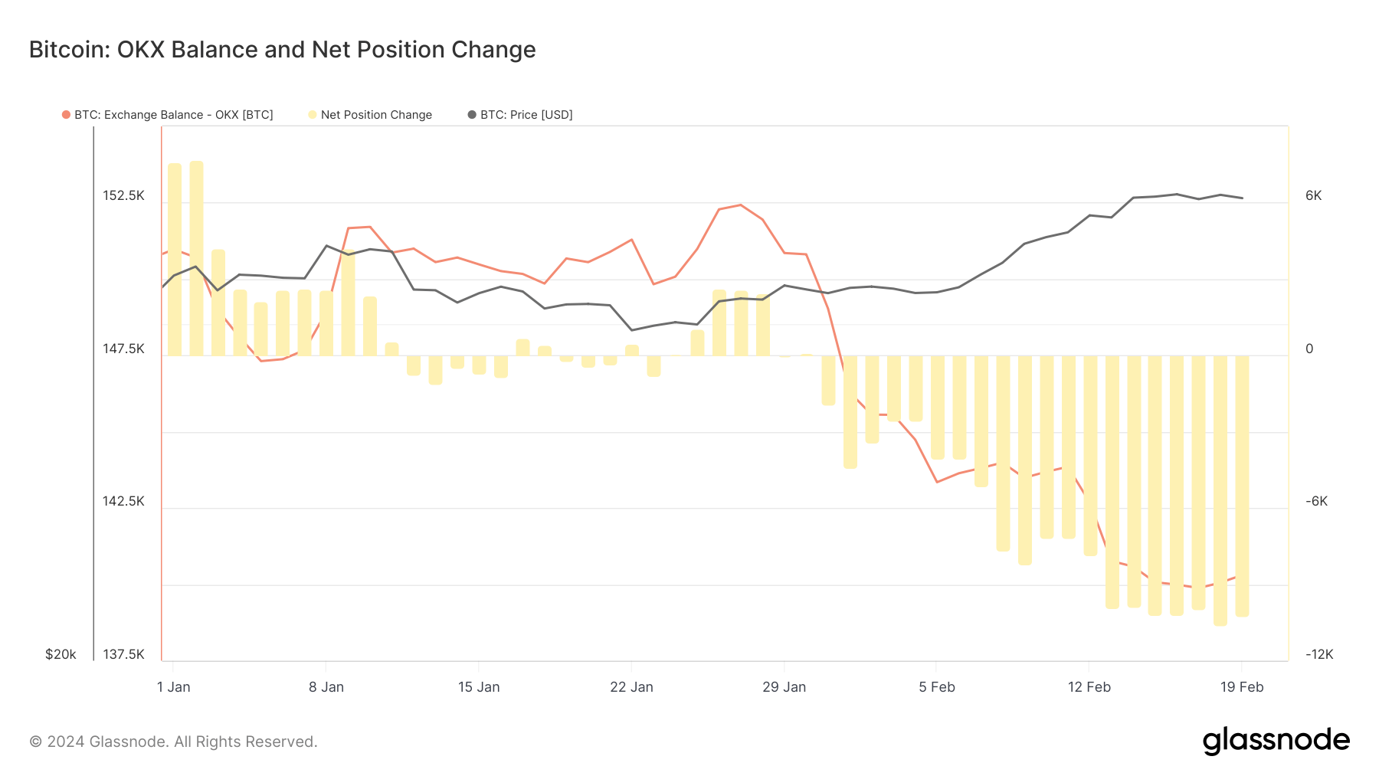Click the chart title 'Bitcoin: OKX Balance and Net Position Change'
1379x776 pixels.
pos(282,50)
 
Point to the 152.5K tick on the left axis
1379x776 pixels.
pos(123,196)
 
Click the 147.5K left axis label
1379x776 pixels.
pos(123,349)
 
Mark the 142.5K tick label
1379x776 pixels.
pos(123,502)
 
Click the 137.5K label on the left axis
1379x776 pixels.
pos(123,654)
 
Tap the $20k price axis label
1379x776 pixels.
pos(61,654)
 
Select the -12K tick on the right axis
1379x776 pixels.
pos(1319,654)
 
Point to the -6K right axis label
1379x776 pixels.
pos(1316,502)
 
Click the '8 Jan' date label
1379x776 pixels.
pos(326,687)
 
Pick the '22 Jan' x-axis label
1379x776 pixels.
pos(631,687)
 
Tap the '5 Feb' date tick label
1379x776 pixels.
pos(937,687)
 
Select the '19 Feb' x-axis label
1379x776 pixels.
pos(1242,687)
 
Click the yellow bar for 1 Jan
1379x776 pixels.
pos(175,260)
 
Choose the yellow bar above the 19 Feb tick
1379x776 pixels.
pos(1242,486)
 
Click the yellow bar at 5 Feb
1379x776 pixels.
pos(938,407)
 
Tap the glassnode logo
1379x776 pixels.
pos(1276,741)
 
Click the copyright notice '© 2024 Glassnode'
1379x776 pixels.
pos(173,742)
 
